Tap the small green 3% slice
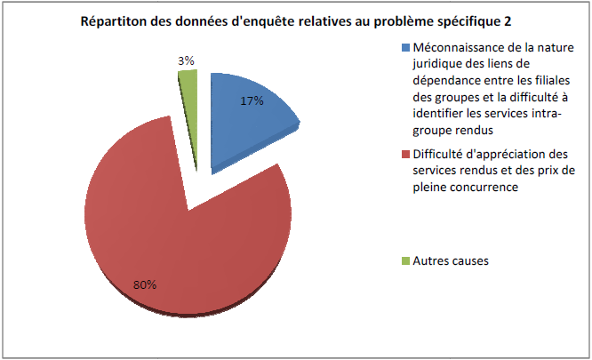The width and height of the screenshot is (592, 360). [188, 85]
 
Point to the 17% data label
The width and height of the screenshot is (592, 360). [252, 101]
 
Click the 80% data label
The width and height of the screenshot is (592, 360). [145, 284]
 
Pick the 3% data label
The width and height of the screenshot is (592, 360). [187, 60]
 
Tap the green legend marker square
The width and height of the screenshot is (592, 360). [406, 261]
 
